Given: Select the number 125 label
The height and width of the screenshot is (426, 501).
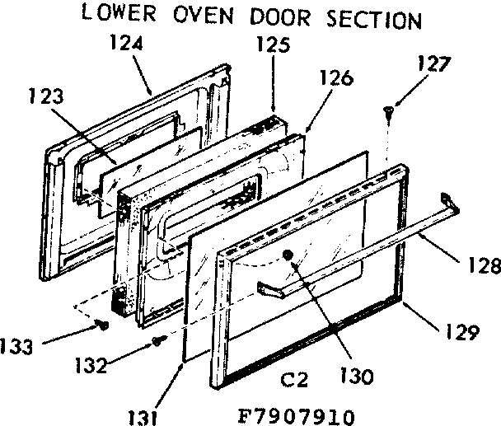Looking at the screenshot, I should click(x=273, y=47).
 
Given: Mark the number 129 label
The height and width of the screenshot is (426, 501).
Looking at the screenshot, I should click(x=459, y=334).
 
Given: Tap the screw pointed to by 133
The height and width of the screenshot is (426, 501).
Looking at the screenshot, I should click(x=104, y=325).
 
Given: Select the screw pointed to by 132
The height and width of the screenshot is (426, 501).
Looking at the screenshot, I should click(x=159, y=339).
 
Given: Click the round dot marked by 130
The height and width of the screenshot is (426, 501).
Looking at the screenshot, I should click(x=288, y=255).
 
